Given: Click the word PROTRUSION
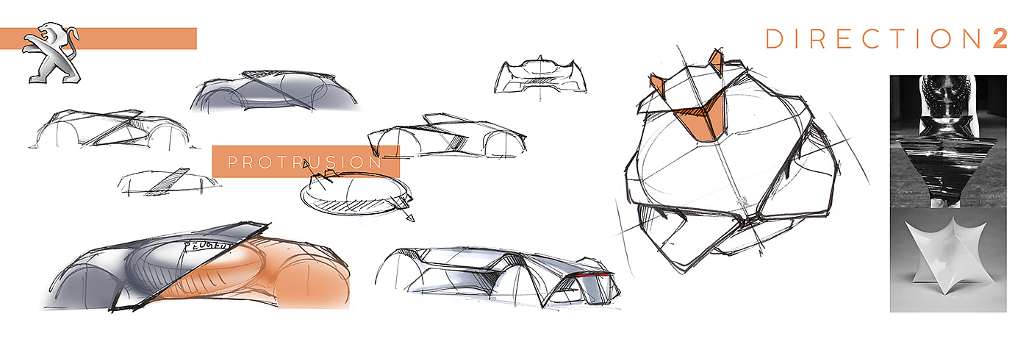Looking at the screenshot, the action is pyautogui.click(x=305, y=163).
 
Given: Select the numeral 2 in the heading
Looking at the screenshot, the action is pyautogui.click(x=1000, y=39).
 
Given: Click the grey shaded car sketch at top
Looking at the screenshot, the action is pyautogui.click(x=273, y=93).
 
